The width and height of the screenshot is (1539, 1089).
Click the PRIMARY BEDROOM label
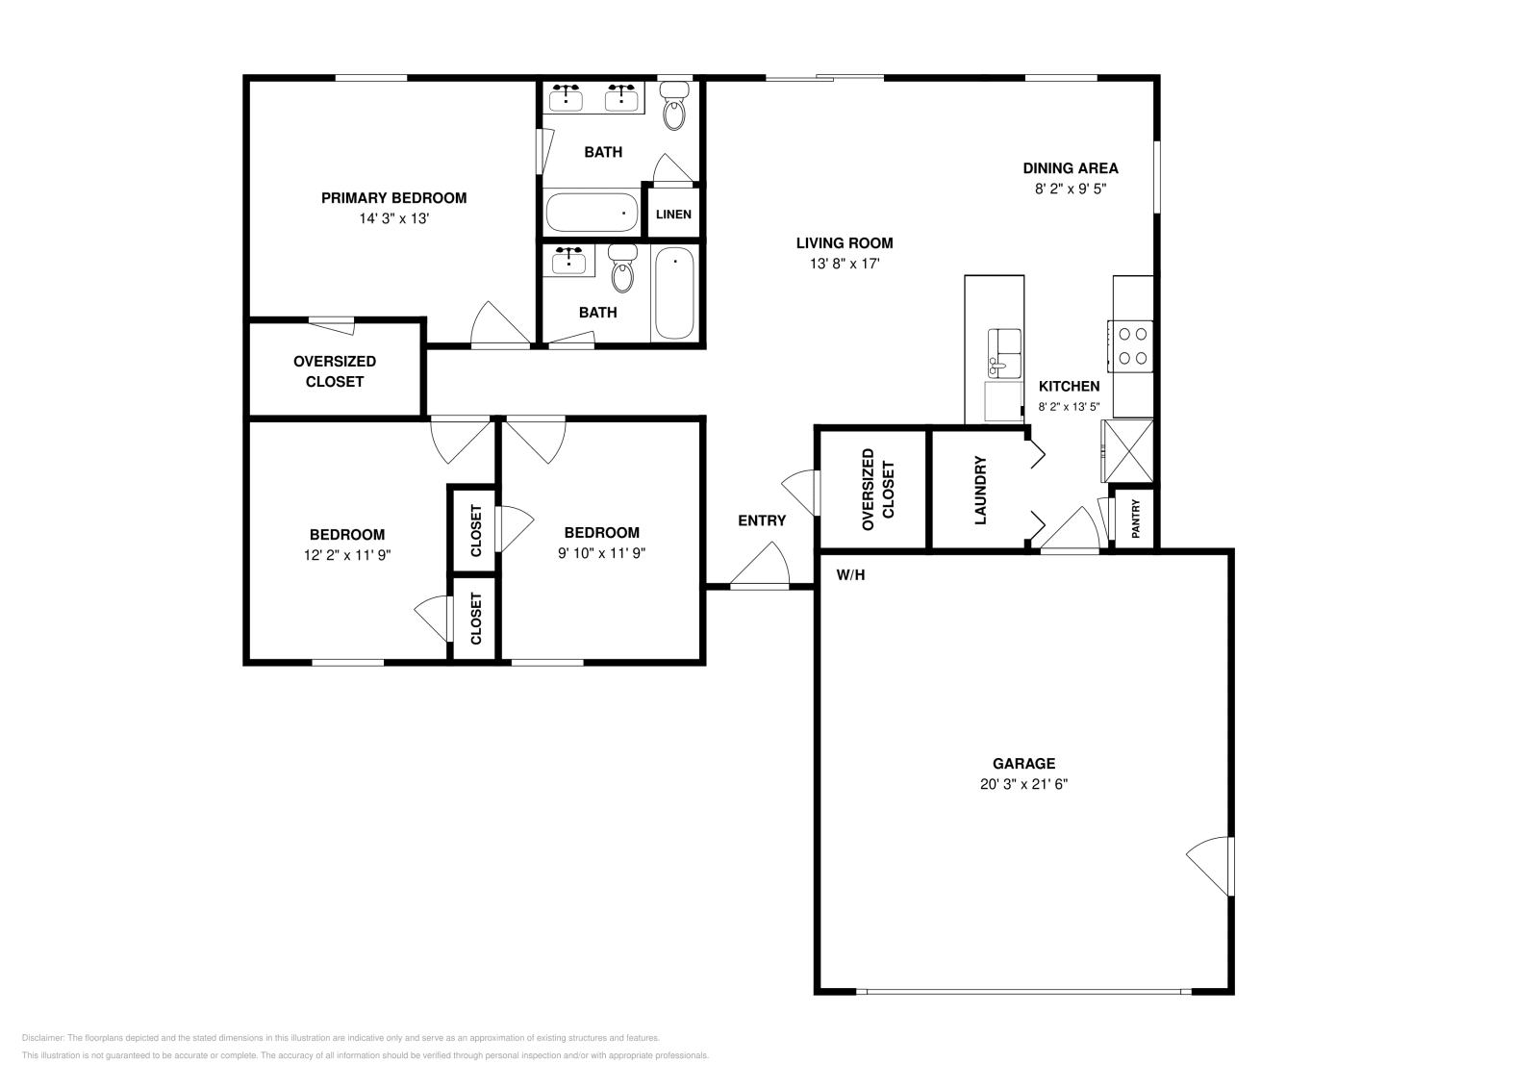[393, 198]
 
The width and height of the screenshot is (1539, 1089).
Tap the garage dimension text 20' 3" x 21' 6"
[1023, 784]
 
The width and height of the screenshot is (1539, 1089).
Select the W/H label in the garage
[850, 575]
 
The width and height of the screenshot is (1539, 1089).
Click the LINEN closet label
[673, 215]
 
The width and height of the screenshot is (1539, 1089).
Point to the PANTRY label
[1136, 519]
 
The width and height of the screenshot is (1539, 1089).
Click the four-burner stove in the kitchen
[1131, 346]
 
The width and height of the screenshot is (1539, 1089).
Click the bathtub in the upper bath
[592, 213]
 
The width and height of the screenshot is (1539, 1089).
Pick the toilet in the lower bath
[622, 268]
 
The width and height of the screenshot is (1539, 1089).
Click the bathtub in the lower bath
[674, 293]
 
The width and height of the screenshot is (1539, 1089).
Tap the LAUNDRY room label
[980, 490]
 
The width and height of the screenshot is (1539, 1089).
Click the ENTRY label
[762, 520]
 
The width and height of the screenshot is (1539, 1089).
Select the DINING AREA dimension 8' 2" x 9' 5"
[1071, 189]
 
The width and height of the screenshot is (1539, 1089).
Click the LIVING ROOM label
[845, 243]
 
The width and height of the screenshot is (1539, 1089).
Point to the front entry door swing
[759, 566]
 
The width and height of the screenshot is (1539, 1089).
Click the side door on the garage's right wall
[1210, 866]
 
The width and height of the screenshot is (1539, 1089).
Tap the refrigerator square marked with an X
[1127, 451]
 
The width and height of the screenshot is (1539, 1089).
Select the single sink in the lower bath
[568, 261]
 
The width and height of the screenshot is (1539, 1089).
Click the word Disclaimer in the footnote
[43, 1038]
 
